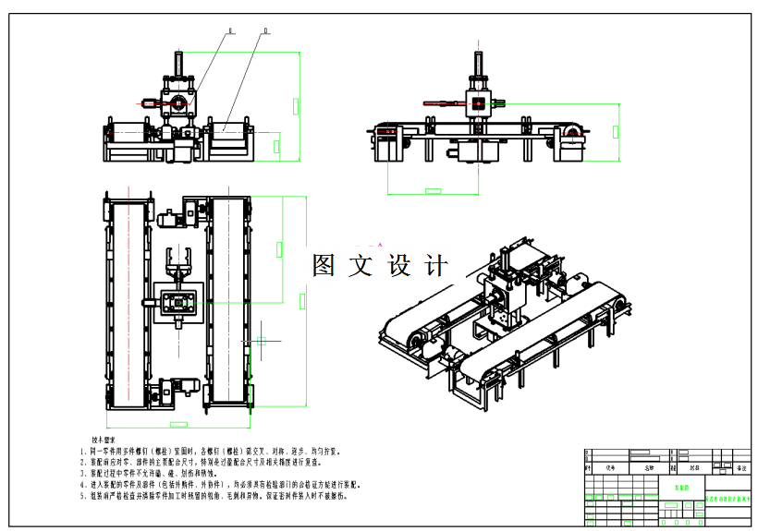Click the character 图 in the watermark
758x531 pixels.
click(x=324, y=266)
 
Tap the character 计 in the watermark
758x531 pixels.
click(x=434, y=266)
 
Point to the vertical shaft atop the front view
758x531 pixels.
click(x=178, y=68)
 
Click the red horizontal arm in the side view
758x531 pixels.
click(x=443, y=103)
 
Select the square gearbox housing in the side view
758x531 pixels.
click(x=477, y=103)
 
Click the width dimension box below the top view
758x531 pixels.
click(x=177, y=424)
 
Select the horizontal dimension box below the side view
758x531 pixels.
click(x=432, y=191)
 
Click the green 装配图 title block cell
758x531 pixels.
click(x=681, y=483)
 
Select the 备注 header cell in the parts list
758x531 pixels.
click(x=739, y=467)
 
